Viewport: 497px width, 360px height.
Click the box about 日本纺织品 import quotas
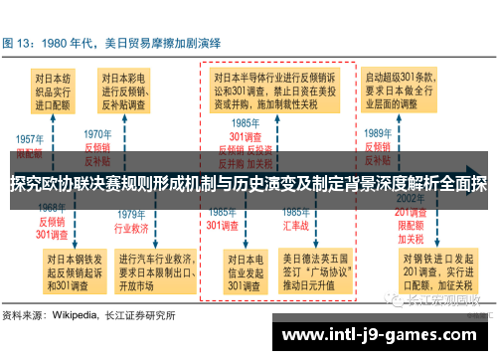pos(55,88)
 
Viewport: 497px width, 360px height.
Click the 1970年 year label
pos(98,133)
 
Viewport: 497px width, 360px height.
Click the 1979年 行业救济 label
pos(133,219)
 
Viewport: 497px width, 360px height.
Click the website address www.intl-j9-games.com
pos(379,336)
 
